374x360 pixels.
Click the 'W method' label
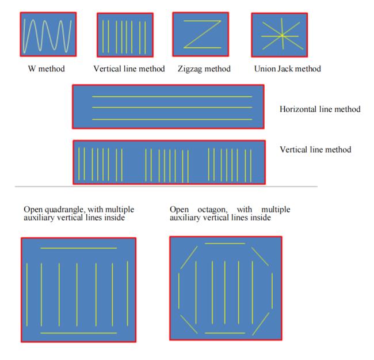point(46,69)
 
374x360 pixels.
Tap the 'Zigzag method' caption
point(204,69)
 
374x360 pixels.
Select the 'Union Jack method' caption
point(288,69)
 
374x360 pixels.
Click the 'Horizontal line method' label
point(320,109)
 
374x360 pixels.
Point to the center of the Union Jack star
point(283,36)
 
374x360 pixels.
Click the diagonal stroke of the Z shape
point(203,35)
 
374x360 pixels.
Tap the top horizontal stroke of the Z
point(203,21)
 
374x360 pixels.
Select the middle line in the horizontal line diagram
point(172,108)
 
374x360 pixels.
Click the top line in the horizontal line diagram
point(172,97)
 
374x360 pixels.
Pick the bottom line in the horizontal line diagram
point(172,119)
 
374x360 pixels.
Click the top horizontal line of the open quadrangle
point(78,248)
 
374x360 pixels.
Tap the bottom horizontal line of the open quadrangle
point(78,333)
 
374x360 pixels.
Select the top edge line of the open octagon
point(225,244)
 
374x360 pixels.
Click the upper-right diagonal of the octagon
point(260,257)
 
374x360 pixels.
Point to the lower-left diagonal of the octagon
point(189,324)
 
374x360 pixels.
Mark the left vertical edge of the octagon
point(179,291)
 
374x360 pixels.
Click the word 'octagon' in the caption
point(212,210)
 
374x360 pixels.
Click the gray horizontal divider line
point(166,187)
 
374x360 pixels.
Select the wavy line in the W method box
point(47,36)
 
